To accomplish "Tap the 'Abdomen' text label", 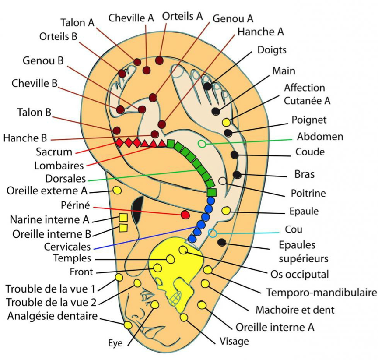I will [320, 136].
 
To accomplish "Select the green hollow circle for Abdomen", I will [202, 144].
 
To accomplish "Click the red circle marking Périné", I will [185, 214].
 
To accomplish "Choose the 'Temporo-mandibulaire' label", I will [321, 292].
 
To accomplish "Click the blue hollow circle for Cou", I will [213, 233].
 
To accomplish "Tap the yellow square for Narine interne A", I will [123, 217].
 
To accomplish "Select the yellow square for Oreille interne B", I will [123, 227].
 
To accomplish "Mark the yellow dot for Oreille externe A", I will [117, 190].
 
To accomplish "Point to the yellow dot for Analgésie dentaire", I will [128, 325].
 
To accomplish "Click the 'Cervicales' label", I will [67, 247].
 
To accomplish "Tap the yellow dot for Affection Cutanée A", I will [226, 122].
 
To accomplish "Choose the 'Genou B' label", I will [43, 60].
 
